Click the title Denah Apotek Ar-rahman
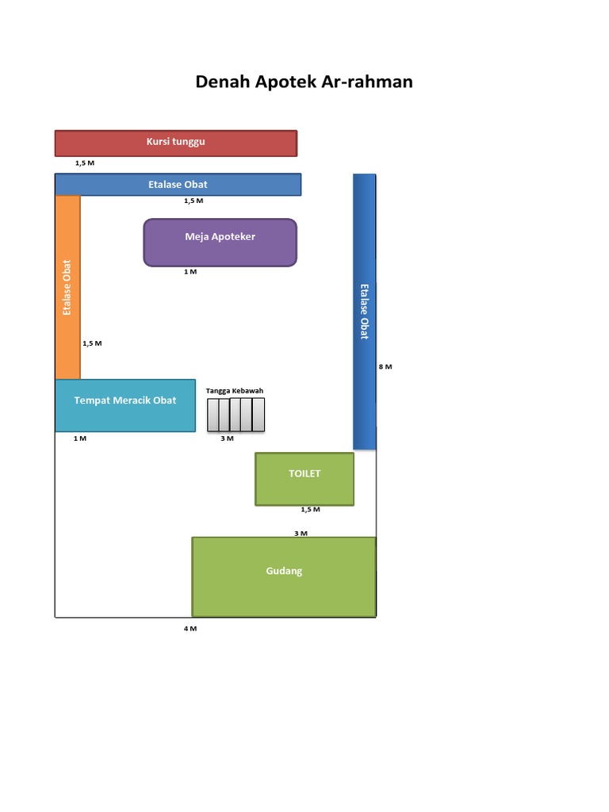click(304, 82)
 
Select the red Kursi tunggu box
click(176, 143)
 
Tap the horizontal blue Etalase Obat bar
click(178, 184)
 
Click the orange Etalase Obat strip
click(68, 287)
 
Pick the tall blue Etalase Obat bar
click(365, 312)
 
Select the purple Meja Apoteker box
click(220, 243)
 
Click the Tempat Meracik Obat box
click(125, 405)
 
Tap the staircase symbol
click(236, 415)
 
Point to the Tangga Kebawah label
click(235, 390)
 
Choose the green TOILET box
click(304, 479)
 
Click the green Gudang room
click(284, 577)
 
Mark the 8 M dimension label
click(385, 366)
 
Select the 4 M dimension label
click(190, 629)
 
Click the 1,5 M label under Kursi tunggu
click(85, 163)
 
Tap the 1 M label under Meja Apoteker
click(190, 271)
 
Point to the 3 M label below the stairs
click(228, 439)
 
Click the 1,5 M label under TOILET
click(311, 510)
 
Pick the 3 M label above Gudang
click(301, 534)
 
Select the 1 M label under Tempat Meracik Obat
click(80, 439)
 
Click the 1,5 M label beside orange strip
click(92, 343)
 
